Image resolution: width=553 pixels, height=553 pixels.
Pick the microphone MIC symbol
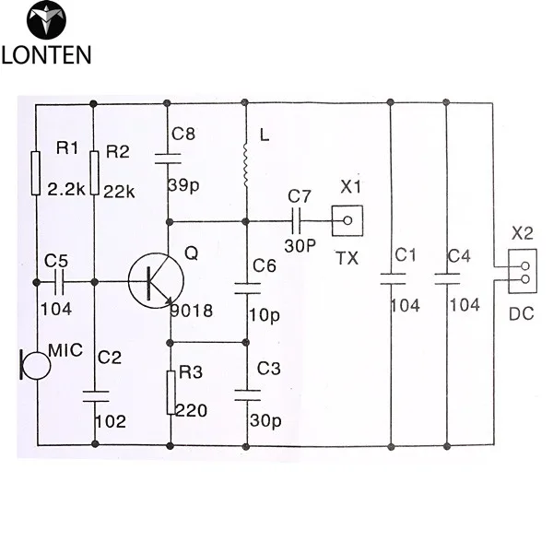(36, 365)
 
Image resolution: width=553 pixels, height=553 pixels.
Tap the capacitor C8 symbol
(169, 158)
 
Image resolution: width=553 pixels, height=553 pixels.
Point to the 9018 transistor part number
(192, 312)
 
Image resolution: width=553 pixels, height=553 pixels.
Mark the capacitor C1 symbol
(392, 275)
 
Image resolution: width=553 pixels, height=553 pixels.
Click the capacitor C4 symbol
(447, 275)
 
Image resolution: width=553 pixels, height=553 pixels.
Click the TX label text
(347, 259)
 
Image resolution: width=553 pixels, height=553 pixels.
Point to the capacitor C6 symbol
(246, 288)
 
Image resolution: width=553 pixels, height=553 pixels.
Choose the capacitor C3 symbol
(246, 394)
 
